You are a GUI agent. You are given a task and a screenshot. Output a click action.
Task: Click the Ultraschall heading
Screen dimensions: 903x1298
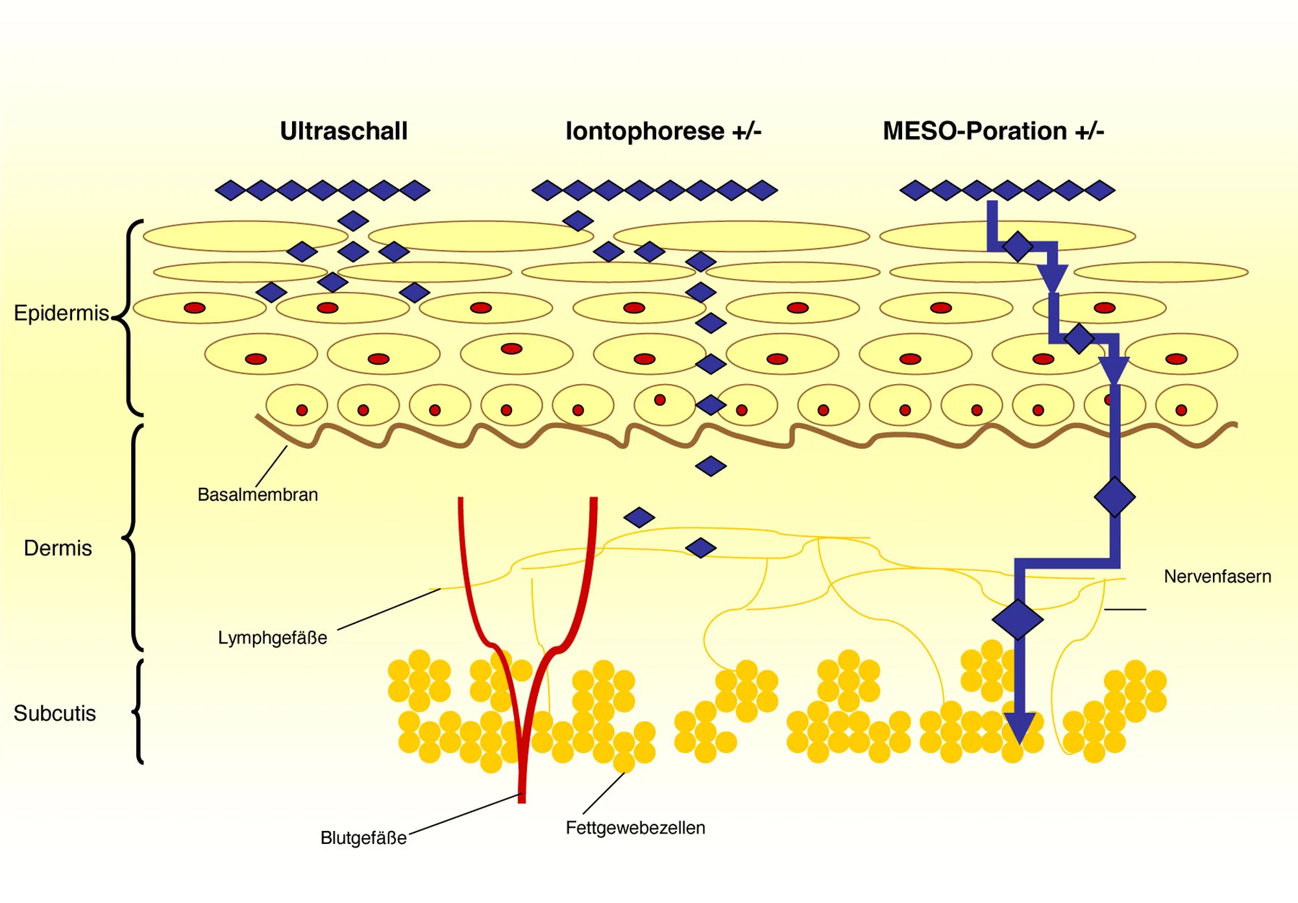pyautogui.click(x=343, y=131)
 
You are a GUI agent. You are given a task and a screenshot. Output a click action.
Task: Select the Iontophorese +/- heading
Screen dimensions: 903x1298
pyautogui.click(x=663, y=131)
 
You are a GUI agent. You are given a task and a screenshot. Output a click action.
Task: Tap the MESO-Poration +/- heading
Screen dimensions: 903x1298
pyautogui.click(x=993, y=131)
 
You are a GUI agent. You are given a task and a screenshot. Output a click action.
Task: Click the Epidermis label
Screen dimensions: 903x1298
pyautogui.click(x=61, y=313)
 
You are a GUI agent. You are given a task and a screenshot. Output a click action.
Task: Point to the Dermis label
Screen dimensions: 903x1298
pyautogui.click(x=58, y=548)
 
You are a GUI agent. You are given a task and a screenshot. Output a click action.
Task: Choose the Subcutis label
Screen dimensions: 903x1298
pyautogui.click(x=55, y=714)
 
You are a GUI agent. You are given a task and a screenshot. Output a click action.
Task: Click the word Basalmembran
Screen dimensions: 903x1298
pyautogui.click(x=258, y=495)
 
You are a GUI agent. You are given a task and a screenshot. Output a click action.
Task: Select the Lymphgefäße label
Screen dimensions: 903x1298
pyautogui.click(x=272, y=638)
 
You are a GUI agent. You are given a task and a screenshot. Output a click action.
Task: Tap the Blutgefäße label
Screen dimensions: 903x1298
pyautogui.click(x=363, y=838)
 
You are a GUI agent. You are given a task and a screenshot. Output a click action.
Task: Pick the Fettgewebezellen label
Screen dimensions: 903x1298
pyautogui.click(x=635, y=828)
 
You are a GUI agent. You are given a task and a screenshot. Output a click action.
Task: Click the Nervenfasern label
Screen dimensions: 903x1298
pyautogui.click(x=1217, y=577)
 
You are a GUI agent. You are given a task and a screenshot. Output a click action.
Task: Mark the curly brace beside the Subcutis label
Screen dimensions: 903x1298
pyautogui.click(x=138, y=712)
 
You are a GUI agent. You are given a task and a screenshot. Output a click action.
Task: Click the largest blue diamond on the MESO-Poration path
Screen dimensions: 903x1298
pyautogui.click(x=1018, y=620)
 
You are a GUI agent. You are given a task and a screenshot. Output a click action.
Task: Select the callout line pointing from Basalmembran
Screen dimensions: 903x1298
pyautogui.click(x=272, y=466)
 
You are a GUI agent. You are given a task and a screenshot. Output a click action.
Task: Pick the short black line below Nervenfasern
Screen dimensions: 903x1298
pyautogui.click(x=1125, y=610)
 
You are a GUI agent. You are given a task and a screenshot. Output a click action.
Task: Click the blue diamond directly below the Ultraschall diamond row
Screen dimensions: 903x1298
pyautogui.click(x=353, y=221)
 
